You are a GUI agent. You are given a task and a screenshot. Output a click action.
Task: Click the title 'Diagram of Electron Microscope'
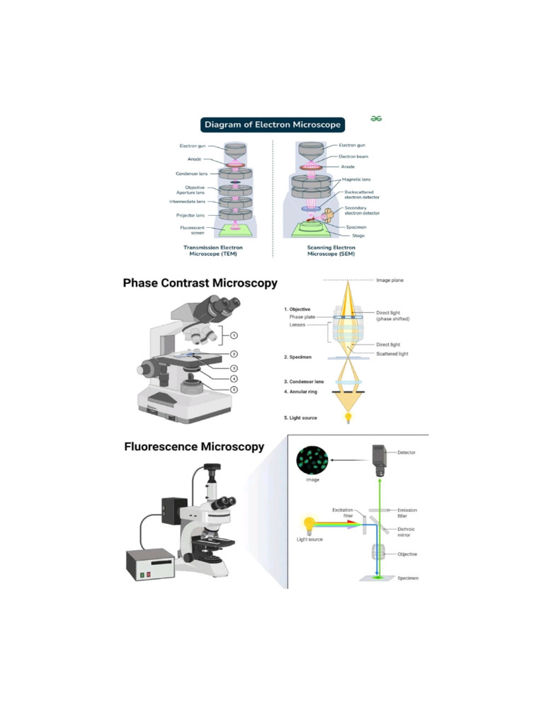point(273,125)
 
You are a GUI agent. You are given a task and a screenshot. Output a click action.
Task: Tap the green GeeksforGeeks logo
point(376,118)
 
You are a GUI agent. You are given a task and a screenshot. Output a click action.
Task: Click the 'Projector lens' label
point(191,215)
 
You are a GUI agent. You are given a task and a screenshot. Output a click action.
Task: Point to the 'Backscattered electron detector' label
point(364,193)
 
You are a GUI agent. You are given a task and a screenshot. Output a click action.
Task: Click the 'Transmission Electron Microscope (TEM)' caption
point(213,251)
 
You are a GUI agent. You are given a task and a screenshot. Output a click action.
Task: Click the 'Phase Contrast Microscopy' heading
point(200,283)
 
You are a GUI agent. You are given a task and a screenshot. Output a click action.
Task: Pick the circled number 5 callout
point(234,389)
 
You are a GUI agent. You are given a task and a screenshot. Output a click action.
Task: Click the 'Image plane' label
point(390,280)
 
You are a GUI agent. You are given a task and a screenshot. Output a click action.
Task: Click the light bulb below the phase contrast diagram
point(348,418)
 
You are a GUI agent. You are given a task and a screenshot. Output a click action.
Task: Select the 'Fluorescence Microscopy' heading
point(194,447)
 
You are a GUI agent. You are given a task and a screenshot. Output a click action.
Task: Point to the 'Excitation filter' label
point(342,513)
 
